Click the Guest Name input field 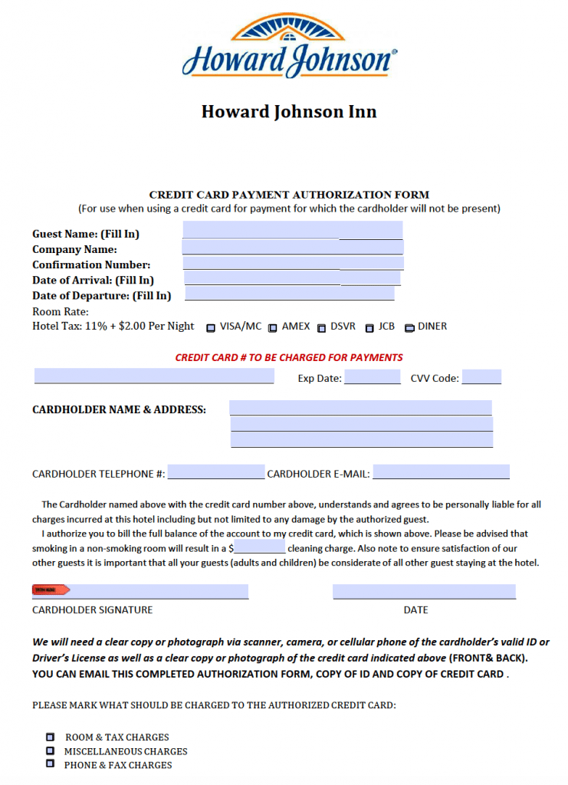coord(292,230)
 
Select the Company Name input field coord(292,247)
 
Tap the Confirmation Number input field coord(293,263)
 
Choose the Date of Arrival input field coord(292,278)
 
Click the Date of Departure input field coord(290,294)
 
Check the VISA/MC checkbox coord(211,327)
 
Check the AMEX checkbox coord(272,327)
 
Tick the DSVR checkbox coord(321,327)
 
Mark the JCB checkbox coord(369,327)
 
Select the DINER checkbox coord(409,327)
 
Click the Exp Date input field coord(372,377)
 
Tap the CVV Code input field coord(481,377)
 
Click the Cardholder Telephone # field coord(215,472)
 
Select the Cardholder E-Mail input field coord(441,472)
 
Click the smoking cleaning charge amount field coord(260,547)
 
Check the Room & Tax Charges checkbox coord(51,737)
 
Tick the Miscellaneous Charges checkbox coord(51,751)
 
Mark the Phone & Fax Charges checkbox coord(51,764)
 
